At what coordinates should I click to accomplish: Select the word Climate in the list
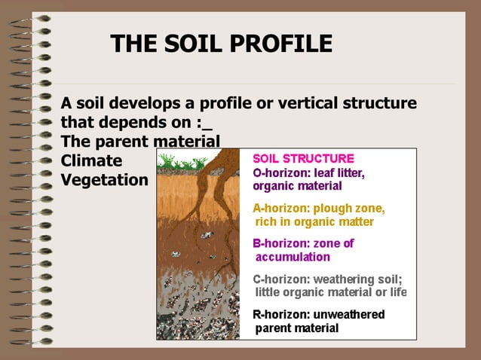coord(91,160)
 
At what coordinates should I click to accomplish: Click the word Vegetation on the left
coord(105,180)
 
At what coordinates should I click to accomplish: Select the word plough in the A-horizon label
coord(334,209)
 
